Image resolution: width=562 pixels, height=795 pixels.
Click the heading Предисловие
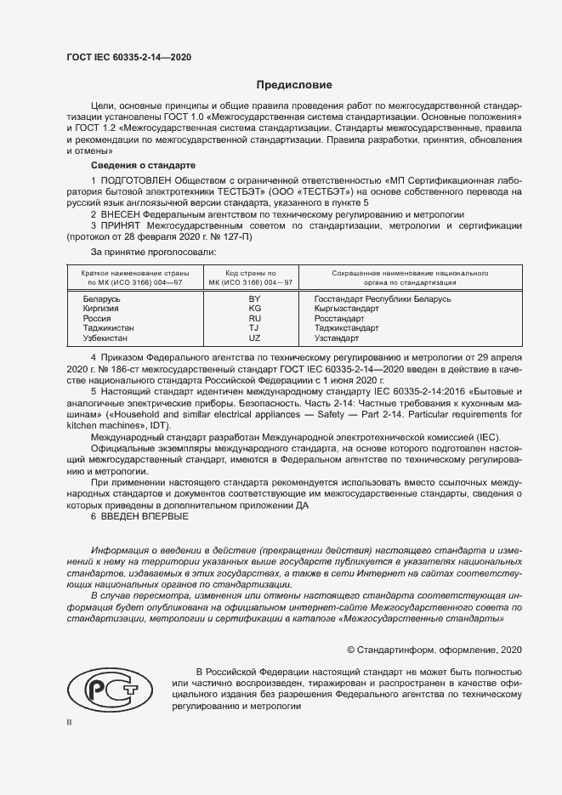point(295,85)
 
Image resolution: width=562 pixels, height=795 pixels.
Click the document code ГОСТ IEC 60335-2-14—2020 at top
point(128,57)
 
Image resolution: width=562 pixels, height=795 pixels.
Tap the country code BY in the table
point(253,299)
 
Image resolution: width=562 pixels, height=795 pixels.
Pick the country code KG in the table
point(253,309)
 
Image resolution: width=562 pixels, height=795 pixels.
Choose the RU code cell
point(253,319)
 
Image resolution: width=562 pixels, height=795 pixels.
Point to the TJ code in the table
point(253,328)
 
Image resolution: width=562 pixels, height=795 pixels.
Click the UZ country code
point(253,338)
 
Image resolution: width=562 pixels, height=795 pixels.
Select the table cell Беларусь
point(101,299)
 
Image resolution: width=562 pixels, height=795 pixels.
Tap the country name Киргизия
point(101,309)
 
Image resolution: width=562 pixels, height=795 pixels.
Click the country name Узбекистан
point(106,338)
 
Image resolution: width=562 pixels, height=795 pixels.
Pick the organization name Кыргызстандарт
point(346,309)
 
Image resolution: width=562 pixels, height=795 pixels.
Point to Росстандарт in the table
point(339,319)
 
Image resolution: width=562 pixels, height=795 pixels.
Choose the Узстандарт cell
point(338,338)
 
